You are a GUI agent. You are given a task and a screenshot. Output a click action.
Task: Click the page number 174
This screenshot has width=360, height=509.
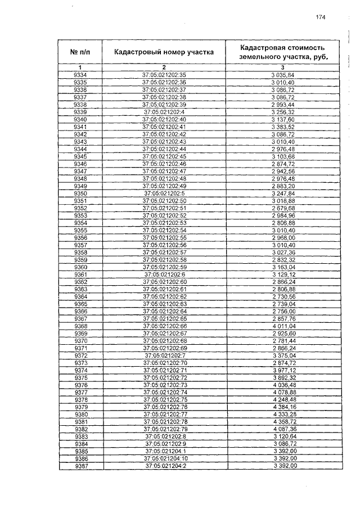pos(321,17)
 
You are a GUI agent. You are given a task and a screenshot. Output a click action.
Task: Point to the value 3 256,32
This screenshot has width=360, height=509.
pos(283,112)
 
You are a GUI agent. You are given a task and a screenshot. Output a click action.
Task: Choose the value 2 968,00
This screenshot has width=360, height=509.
pos(283,238)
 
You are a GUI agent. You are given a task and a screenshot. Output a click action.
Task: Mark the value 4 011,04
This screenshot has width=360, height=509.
pos(283,326)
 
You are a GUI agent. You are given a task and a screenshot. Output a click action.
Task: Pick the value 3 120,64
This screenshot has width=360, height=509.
pos(283,436)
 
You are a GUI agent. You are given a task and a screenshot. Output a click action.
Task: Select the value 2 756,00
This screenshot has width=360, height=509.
pos(283,311)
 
